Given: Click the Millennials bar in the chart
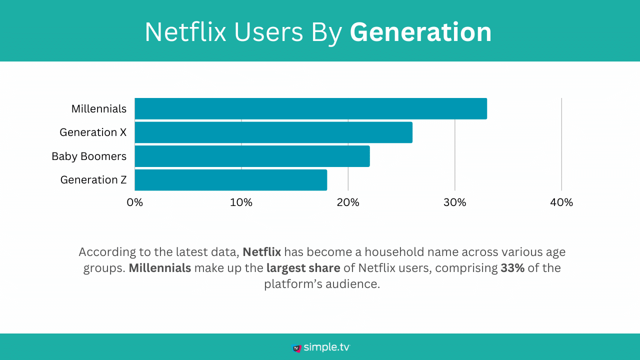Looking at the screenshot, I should pyautogui.click(x=310, y=108).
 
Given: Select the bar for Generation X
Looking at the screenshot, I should pyautogui.click(x=273, y=132).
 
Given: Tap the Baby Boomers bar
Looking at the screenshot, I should pyautogui.click(x=252, y=156).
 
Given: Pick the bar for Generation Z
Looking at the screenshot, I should pyautogui.click(x=230, y=180).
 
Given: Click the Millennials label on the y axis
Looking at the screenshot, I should pyautogui.click(x=99, y=108).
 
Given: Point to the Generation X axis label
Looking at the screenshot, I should pyautogui.click(x=93, y=132).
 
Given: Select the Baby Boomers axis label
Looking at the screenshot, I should pyautogui.click(x=89, y=156).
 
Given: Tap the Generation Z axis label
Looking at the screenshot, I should pyautogui.click(x=93, y=180).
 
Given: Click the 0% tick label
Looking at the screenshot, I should pyautogui.click(x=134, y=202).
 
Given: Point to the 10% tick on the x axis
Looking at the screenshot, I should pyautogui.click(x=241, y=202).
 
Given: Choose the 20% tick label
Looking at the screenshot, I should pyautogui.click(x=348, y=202).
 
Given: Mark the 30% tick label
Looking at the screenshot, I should pyautogui.click(x=454, y=202).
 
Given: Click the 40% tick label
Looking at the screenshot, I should pyautogui.click(x=561, y=202).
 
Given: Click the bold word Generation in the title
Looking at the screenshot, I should pyautogui.click(x=420, y=32).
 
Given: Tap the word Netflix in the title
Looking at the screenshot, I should pyautogui.click(x=182, y=32).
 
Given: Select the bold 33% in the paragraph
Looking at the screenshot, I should pyautogui.click(x=512, y=268).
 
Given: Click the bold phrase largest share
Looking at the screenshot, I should pyautogui.click(x=303, y=268).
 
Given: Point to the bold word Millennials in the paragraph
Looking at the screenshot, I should pyautogui.click(x=159, y=268).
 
